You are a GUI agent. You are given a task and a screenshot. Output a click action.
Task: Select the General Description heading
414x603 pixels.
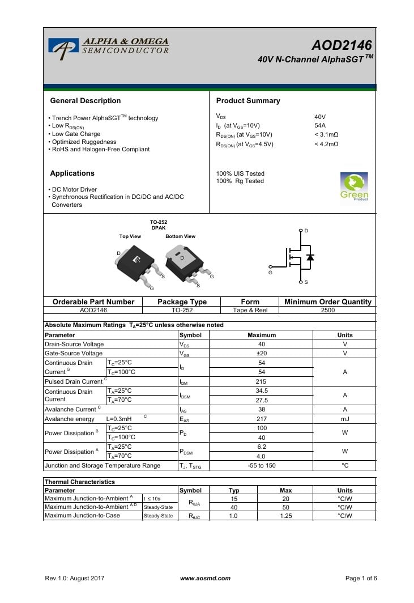pos(86,101)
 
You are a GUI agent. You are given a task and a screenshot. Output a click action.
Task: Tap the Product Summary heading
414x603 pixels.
pos(248,101)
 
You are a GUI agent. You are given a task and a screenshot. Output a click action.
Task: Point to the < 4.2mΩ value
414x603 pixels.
pos(326,145)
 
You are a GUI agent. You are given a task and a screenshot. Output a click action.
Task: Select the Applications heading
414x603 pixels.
pos(72,173)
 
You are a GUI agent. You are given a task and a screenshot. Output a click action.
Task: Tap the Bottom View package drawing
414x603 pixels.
pos(184,262)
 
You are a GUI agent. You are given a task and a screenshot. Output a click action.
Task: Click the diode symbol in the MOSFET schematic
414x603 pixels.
pos(310,257)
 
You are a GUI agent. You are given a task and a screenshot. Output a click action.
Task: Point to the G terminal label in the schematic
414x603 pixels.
pos(270,273)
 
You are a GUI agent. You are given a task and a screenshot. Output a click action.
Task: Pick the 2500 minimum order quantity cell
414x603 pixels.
pos(328,311)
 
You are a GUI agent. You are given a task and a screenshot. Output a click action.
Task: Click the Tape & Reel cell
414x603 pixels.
pos(250,311)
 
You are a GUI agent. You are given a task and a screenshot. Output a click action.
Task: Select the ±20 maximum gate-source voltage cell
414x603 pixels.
pos(262,353)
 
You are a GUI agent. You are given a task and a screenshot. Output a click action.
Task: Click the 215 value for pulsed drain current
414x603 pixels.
pos(262,381)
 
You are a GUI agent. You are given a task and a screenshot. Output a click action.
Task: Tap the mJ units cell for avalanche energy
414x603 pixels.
pos(344,418)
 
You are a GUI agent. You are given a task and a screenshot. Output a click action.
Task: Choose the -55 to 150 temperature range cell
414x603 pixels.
pos(262,465)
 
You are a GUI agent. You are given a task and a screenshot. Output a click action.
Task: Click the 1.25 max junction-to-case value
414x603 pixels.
pos(285,516)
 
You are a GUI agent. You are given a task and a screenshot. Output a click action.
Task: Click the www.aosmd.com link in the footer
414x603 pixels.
pos(205,578)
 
